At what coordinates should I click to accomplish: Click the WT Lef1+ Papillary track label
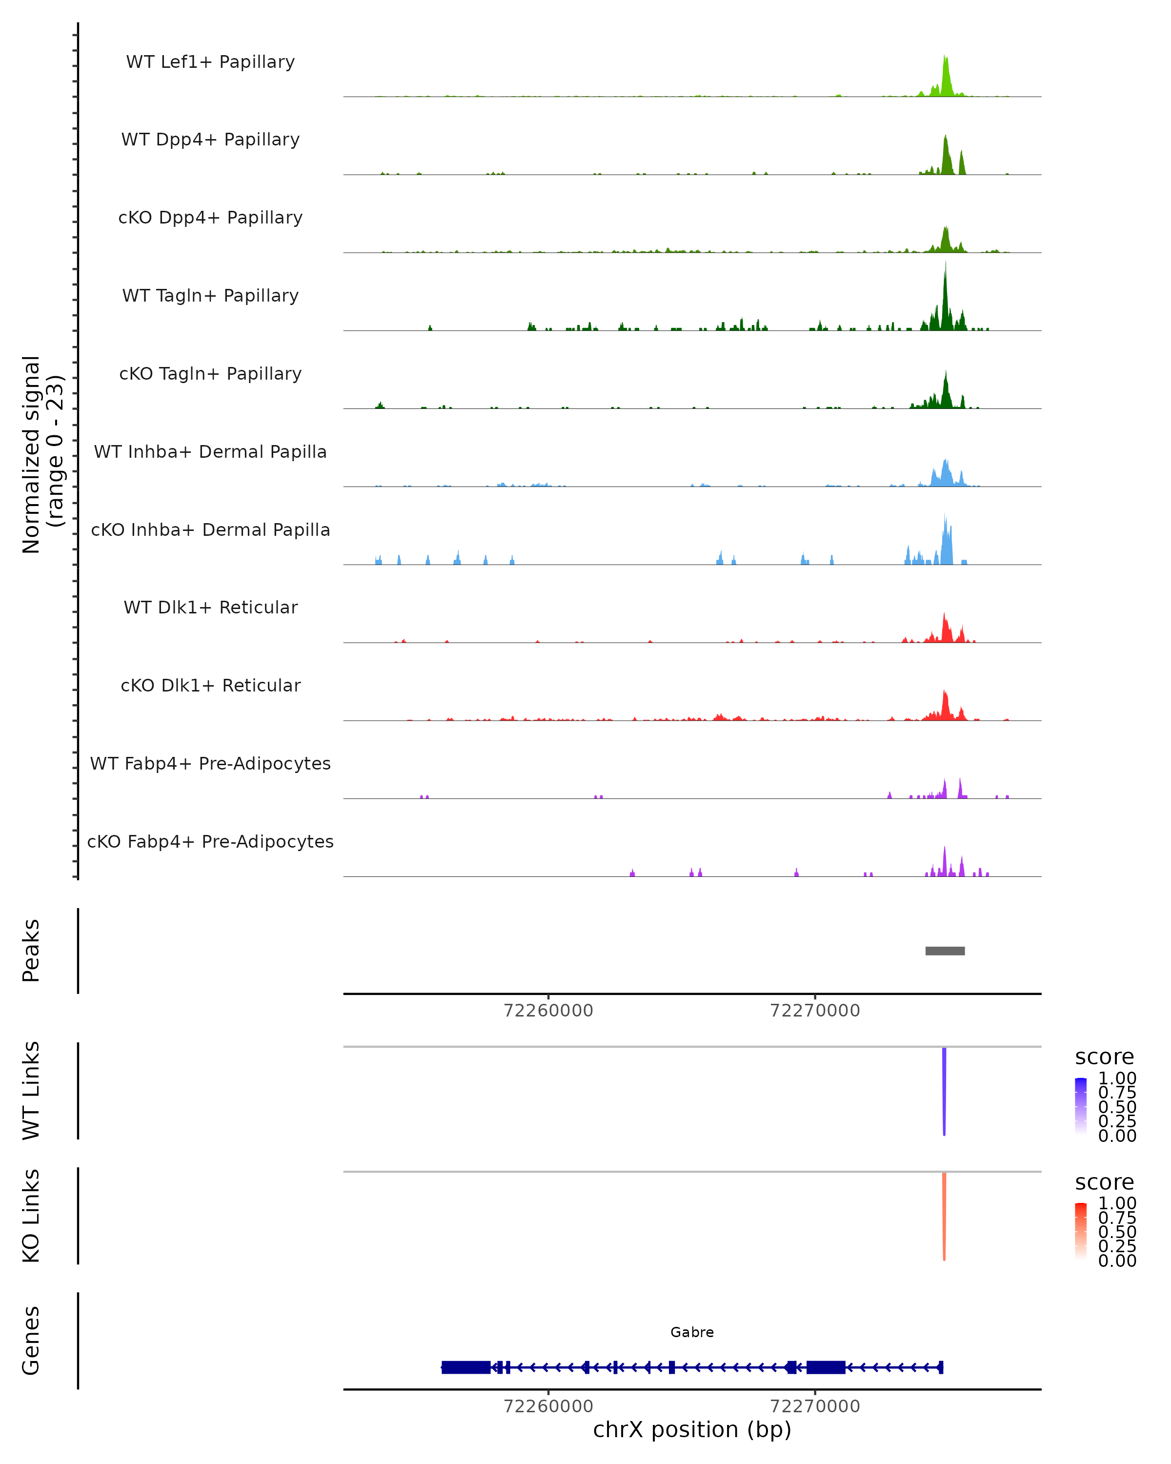click(x=210, y=62)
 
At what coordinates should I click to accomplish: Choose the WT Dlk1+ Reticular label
click(x=210, y=607)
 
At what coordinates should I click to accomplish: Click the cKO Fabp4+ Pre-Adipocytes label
click(x=210, y=841)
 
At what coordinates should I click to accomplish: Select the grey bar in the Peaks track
click(x=945, y=951)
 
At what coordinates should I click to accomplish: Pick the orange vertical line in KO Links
click(x=944, y=1216)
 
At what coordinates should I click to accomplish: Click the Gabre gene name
click(x=692, y=1332)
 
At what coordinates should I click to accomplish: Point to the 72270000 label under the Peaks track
click(x=815, y=1011)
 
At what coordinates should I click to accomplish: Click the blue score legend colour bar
click(x=1081, y=1105)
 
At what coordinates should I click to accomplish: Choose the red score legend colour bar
click(x=1081, y=1230)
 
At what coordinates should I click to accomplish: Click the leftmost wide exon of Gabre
click(x=465, y=1367)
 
